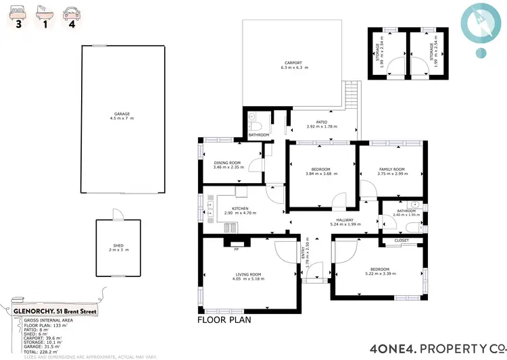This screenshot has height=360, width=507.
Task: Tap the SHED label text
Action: [118, 247]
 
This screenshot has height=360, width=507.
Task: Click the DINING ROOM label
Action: [227, 165]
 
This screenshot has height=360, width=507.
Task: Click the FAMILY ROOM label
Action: [391, 171]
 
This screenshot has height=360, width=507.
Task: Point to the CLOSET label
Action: [402, 240]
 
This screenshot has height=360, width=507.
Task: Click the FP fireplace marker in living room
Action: [236, 249]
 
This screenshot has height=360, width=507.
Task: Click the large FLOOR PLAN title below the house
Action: [224, 320]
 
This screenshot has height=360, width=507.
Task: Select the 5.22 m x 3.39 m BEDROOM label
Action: [379, 272]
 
